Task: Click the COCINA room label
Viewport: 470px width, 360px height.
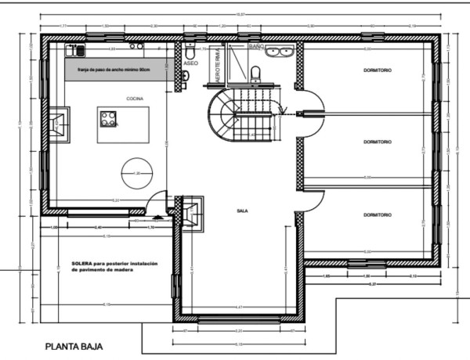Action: click(x=134, y=99)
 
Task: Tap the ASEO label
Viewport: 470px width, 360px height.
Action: click(x=190, y=63)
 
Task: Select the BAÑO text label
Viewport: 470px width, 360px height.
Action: click(x=255, y=47)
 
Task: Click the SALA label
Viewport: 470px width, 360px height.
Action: click(x=242, y=211)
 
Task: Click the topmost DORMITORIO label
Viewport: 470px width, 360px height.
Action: click(x=378, y=70)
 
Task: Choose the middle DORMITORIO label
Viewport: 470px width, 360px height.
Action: click(x=378, y=142)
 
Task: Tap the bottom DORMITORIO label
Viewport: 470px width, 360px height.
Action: click(x=378, y=213)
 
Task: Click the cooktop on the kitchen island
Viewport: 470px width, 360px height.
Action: click(x=108, y=119)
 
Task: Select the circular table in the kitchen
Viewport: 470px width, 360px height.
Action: click(x=137, y=172)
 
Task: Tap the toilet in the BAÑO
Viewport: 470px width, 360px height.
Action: click(x=255, y=75)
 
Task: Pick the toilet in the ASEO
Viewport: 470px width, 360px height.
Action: click(x=185, y=75)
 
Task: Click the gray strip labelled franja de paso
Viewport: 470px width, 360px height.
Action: click(x=117, y=70)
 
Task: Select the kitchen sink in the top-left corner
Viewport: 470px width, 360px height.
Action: click(x=76, y=50)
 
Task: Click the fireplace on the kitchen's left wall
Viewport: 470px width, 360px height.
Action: click(x=59, y=124)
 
